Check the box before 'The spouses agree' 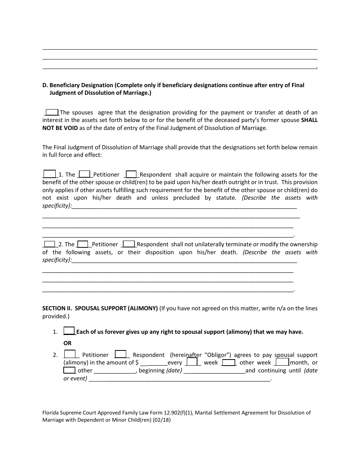(52, 112)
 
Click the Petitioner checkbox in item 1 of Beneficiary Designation (85, 174)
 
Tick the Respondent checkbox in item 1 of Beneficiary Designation (131, 174)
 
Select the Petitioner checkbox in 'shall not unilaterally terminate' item (83, 244)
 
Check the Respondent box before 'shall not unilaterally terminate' (129, 244)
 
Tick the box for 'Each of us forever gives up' (69, 331)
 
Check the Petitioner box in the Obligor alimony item (70, 354)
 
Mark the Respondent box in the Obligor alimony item (121, 354)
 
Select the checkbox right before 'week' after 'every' (192, 362)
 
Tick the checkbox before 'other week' (229, 362)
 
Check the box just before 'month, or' (282, 362)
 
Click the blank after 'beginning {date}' (214, 371)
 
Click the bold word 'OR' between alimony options (67, 343)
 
